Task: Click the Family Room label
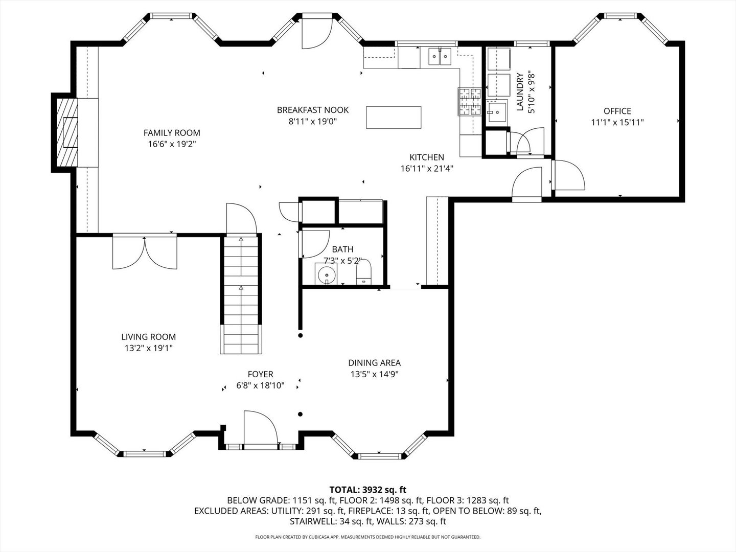click(x=172, y=133)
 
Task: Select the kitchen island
click(x=394, y=117)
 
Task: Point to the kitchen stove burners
click(x=470, y=101)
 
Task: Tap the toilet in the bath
click(x=363, y=271)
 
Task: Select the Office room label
click(x=617, y=111)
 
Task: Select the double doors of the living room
click(x=145, y=251)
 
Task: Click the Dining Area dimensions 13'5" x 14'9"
click(x=374, y=374)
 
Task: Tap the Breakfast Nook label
click(x=313, y=110)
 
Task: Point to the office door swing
click(x=567, y=176)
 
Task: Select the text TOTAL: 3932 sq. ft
click(x=368, y=490)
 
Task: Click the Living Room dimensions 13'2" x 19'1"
click(x=148, y=348)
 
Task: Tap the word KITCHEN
click(x=427, y=157)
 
